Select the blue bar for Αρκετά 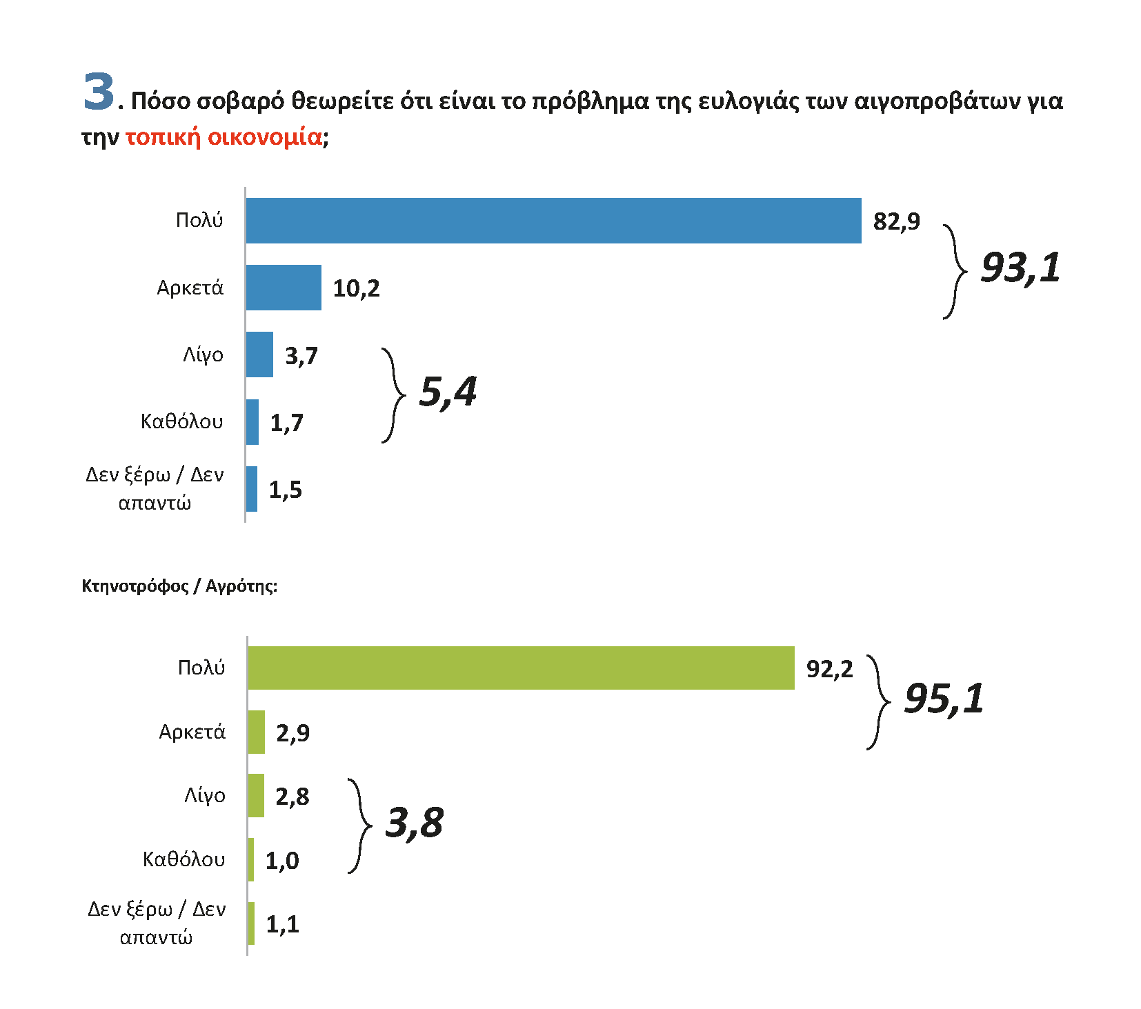point(284,288)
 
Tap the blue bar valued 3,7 point(259,354)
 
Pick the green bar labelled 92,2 point(521,668)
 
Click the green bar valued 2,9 point(256,732)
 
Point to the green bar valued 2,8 point(256,795)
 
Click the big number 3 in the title point(99,92)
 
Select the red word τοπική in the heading point(163,137)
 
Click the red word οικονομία point(265,137)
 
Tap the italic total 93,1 point(1020,268)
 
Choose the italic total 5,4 point(448,392)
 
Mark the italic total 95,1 point(944,699)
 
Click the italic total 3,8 point(414,823)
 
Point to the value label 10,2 point(356,288)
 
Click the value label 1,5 point(286,490)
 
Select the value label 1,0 point(282,861)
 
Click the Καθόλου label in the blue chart point(182,421)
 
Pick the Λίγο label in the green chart point(205,796)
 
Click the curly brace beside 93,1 point(955,271)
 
